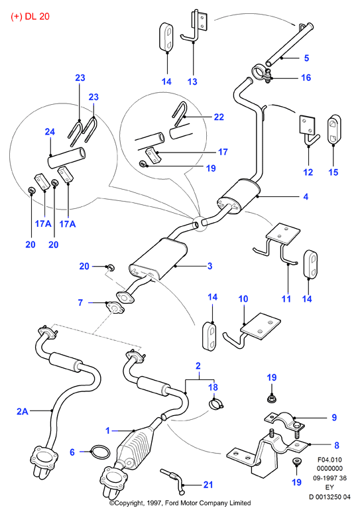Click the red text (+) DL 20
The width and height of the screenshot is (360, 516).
pos(30,17)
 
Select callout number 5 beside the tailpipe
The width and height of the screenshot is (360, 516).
pos(306,58)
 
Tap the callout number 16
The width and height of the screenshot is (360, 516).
pos(306,78)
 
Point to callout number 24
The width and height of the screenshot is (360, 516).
pos(50,131)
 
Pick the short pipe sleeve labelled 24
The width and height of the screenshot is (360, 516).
pos(67,158)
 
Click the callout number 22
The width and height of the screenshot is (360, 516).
pos(219,117)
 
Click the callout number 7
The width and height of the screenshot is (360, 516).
pos(80,302)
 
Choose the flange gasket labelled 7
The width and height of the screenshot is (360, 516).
pos(115,307)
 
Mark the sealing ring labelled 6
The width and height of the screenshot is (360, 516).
pos(99,452)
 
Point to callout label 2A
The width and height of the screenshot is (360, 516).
pos(22,411)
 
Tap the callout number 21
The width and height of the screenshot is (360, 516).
pos(208,484)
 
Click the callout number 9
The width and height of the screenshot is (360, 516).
pos(334,417)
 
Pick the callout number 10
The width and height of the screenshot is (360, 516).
pos(243,299)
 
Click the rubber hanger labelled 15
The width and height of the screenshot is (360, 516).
pos(334,129)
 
